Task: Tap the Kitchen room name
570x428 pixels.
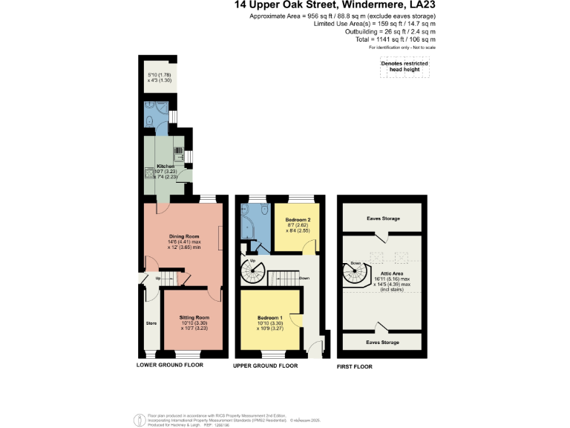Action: click(165, 166)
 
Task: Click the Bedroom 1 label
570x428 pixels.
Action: click(269, 317)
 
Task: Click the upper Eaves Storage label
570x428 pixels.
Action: click(383, 218)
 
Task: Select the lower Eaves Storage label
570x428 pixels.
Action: click(383, 343)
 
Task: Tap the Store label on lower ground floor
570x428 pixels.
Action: click(150, 323)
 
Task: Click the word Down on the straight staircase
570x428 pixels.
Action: click(304, 278)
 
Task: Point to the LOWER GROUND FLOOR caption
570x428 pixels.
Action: click(170, 366)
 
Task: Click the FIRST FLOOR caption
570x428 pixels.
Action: click(355, 366)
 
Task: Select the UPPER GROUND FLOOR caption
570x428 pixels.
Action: click(266, 366)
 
